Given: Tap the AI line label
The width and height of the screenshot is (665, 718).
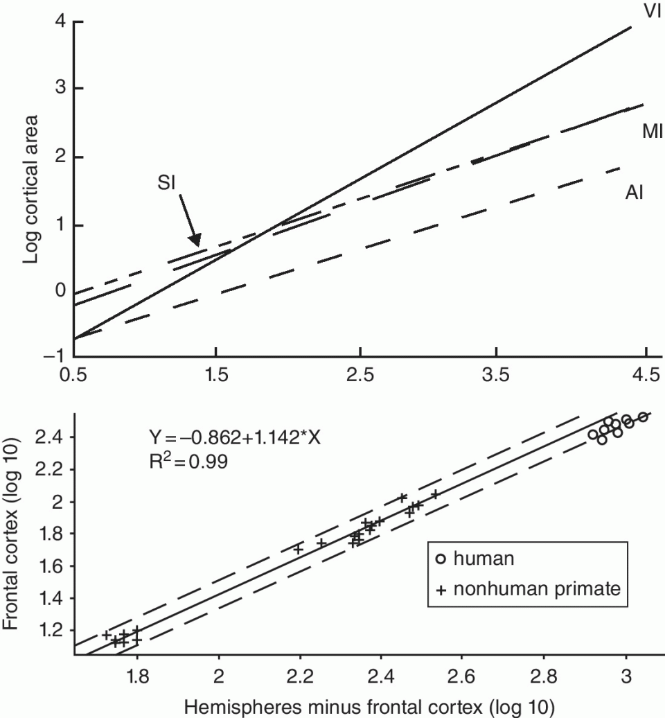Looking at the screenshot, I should coord(635,192).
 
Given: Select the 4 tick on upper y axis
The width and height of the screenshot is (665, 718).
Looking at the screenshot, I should coord(60,21).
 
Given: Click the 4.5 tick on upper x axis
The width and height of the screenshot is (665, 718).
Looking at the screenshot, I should coord(645,376).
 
